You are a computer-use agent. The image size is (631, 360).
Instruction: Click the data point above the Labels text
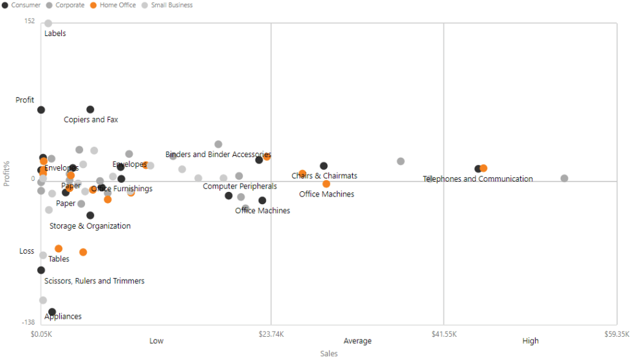pyautogui.click(x=48, y=24)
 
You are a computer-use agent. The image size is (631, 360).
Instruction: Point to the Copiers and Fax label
pyautogui.click(x=91, y=120)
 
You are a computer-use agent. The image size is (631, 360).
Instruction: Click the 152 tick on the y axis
pyautogui.click(x=30, y=21)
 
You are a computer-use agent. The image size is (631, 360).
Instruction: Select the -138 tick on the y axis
pyautogui.click(x=28, y=322)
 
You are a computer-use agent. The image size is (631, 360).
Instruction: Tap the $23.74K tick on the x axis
pyautogui.click(x=271, y=334)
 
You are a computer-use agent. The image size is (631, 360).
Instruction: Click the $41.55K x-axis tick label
pyautogui.click(x=444, y=334)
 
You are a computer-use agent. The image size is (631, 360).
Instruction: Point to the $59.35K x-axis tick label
pyautogui.click(x=616, y=334)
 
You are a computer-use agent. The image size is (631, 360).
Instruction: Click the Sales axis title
pyautogui.click(x=329, y=354)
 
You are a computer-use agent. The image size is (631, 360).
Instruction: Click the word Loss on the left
pyautogui.click(x=26, y=251)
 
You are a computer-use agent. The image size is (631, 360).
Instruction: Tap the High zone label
pyautogui.click(x=531, y=341)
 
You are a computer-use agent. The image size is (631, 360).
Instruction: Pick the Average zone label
pyautogui.click(x=357, y=341)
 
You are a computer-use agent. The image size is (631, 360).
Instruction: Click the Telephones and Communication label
pyautogui.click(x=478, y=179)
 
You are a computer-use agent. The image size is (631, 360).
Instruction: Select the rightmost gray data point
pyautogui.click(x=565, y=178)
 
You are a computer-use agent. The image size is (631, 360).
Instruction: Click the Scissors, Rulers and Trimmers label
pyautogui.click(x=94, y=281)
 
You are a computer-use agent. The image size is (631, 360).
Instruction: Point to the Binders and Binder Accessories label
pyautogui.click(x=218, y=155)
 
